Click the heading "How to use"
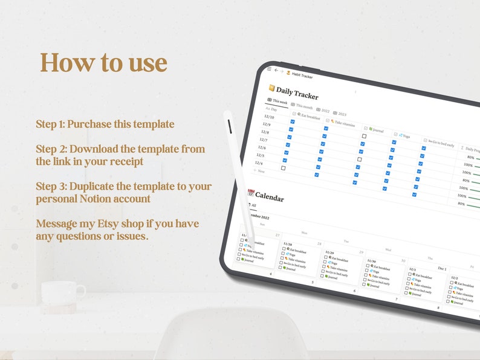(x=103, y=63)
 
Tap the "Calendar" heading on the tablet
(x=269, y=196)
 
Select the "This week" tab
(x=279, y=101)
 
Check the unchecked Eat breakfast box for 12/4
(x=283, y=168)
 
